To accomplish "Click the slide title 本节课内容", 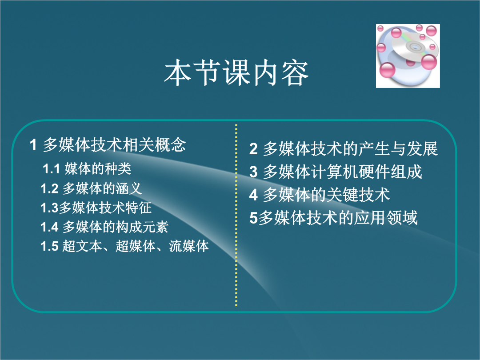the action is (x=236, y=72).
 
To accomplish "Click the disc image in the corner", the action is (x=408, y=56).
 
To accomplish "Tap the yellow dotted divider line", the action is (x=236, y=215).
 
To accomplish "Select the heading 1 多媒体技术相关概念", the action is (x=108, y=145).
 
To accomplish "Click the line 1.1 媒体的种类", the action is (x=87, y=169).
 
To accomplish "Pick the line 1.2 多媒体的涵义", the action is (x=91, y=188).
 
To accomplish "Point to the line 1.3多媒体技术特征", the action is (x=96, y=208).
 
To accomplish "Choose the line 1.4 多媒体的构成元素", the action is (x=104, y=227).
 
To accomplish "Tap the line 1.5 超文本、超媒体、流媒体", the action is (x=124, y=246).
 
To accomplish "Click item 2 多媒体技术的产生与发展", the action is (x=344, y=149).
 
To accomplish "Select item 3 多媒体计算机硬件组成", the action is (x=336, y=172).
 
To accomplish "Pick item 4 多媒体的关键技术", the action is (x=320, y=195).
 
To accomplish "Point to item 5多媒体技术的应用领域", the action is (x=333, y=218).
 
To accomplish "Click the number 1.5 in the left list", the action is (x=49, y=246).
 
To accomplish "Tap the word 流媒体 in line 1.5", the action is (x=189, y=246).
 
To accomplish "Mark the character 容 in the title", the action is (x=295, y=72).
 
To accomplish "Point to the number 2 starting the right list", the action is (x=253, y=149).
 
